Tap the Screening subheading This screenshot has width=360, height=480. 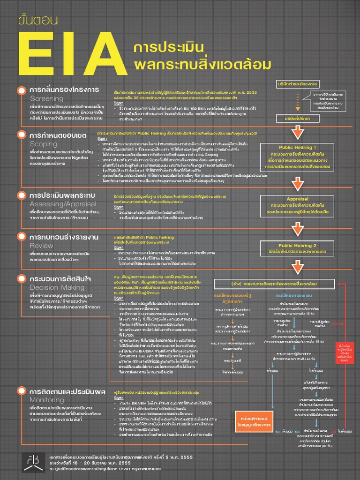point(46,99)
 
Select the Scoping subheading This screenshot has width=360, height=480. point(43,144)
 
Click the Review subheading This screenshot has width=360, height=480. point(42,246)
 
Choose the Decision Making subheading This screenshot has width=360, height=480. point(57,287)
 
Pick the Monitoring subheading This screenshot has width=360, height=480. point(46,400)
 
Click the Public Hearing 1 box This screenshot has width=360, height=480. point(298,157)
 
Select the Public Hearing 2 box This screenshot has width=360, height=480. point(298,248)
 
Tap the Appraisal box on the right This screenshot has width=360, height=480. point(298,205)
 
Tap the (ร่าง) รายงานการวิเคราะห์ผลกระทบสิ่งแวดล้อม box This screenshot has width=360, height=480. point(272,284)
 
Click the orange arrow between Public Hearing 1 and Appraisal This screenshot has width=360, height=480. point(298,182)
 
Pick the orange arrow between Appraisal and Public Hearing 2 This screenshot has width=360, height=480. point(298,229)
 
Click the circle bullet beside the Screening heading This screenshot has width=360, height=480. point(22,90)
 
